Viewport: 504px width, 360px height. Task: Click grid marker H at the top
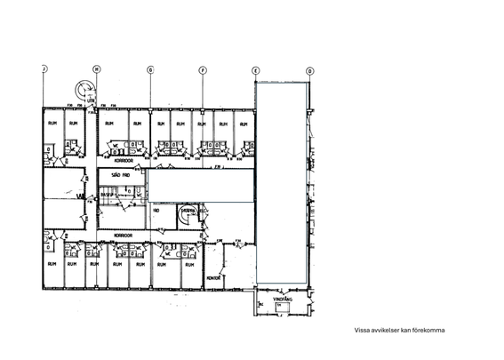[x=97, y=69]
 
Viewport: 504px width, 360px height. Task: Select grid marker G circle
[x=150, y=69]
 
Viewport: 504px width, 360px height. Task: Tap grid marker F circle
[x=203, y=69]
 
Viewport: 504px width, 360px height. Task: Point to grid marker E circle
[x=256, y=69]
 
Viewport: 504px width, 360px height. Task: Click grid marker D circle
[x=309, y=69]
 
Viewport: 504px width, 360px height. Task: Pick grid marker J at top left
[x=44, y=69]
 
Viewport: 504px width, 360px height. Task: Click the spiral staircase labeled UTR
[x=84, y=89]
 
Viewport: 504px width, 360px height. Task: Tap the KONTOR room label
[x=213, y=277]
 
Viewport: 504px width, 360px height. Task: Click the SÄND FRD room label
[x=120, y=175]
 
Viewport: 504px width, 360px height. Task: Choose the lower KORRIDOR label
[x=123, y=235]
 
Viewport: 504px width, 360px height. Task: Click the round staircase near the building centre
[x=188, y=215]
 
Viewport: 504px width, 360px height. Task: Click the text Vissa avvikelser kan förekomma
[x=399, y=330]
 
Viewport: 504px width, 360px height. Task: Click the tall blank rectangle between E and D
[x=282, y=182]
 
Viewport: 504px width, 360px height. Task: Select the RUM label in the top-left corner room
[x=52, y=124]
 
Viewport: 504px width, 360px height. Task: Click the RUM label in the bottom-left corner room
[x=52, y=264]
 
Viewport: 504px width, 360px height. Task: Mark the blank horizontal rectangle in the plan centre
[x=201, y=187]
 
